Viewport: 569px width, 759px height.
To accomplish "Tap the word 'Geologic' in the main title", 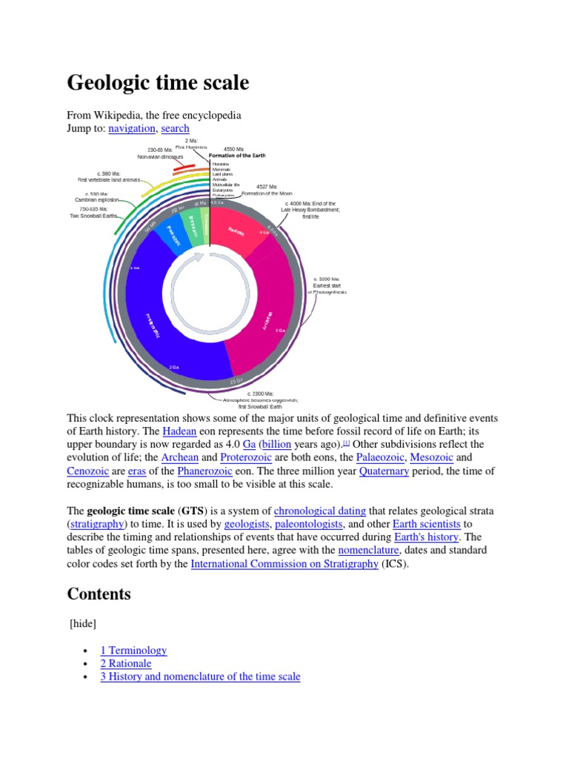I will pyautogui.click(x=109, y=82).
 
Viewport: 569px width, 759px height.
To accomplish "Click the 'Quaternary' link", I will pyautogui.click(x=384, y=471).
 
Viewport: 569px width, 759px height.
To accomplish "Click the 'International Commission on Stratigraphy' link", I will pyautogui.click(x=284, y=564).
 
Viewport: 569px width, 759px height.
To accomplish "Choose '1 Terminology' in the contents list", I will pyautogui.click(x=133, y=650).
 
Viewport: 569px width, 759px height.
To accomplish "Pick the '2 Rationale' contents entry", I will pyautogui.click(x=126, y=663).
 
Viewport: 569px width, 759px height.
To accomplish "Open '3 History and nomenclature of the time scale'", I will pyautogui.click(x=200, y=677).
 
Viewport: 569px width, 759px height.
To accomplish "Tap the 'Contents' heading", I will pyautogui.click(x=99, y=594).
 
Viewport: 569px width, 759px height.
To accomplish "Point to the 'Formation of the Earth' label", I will pyautogui.click(x=236, y=156).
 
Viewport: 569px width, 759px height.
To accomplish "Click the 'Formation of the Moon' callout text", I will pyautogui.click(x=267, y=193).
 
